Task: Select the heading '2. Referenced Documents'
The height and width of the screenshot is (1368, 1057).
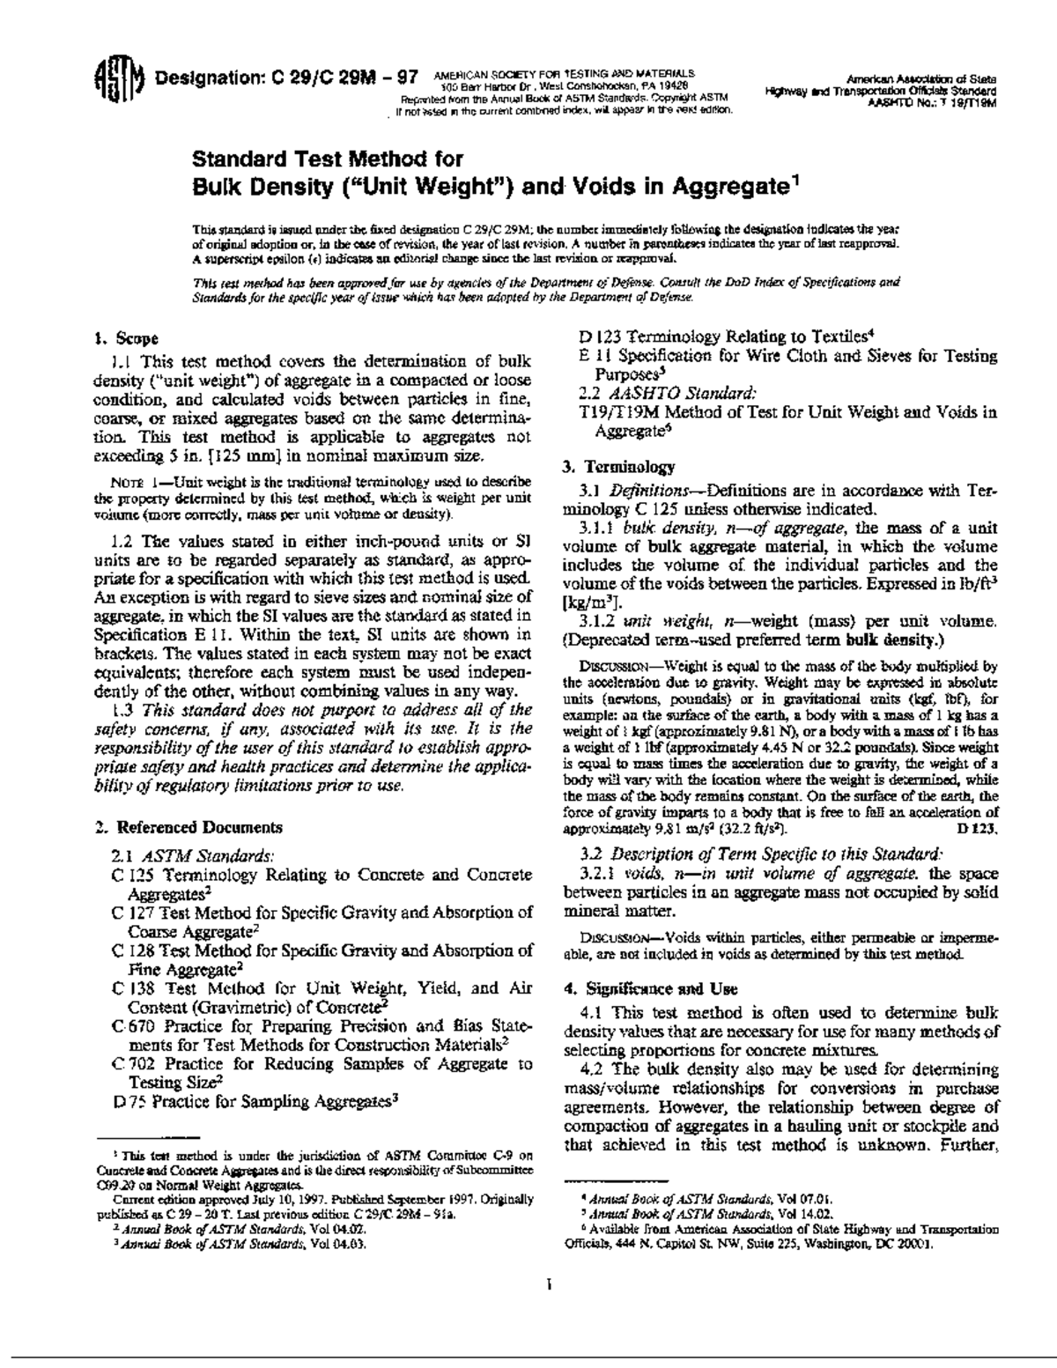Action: [x=188, y=827]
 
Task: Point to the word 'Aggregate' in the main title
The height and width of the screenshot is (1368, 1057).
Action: [x=728, y=187]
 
